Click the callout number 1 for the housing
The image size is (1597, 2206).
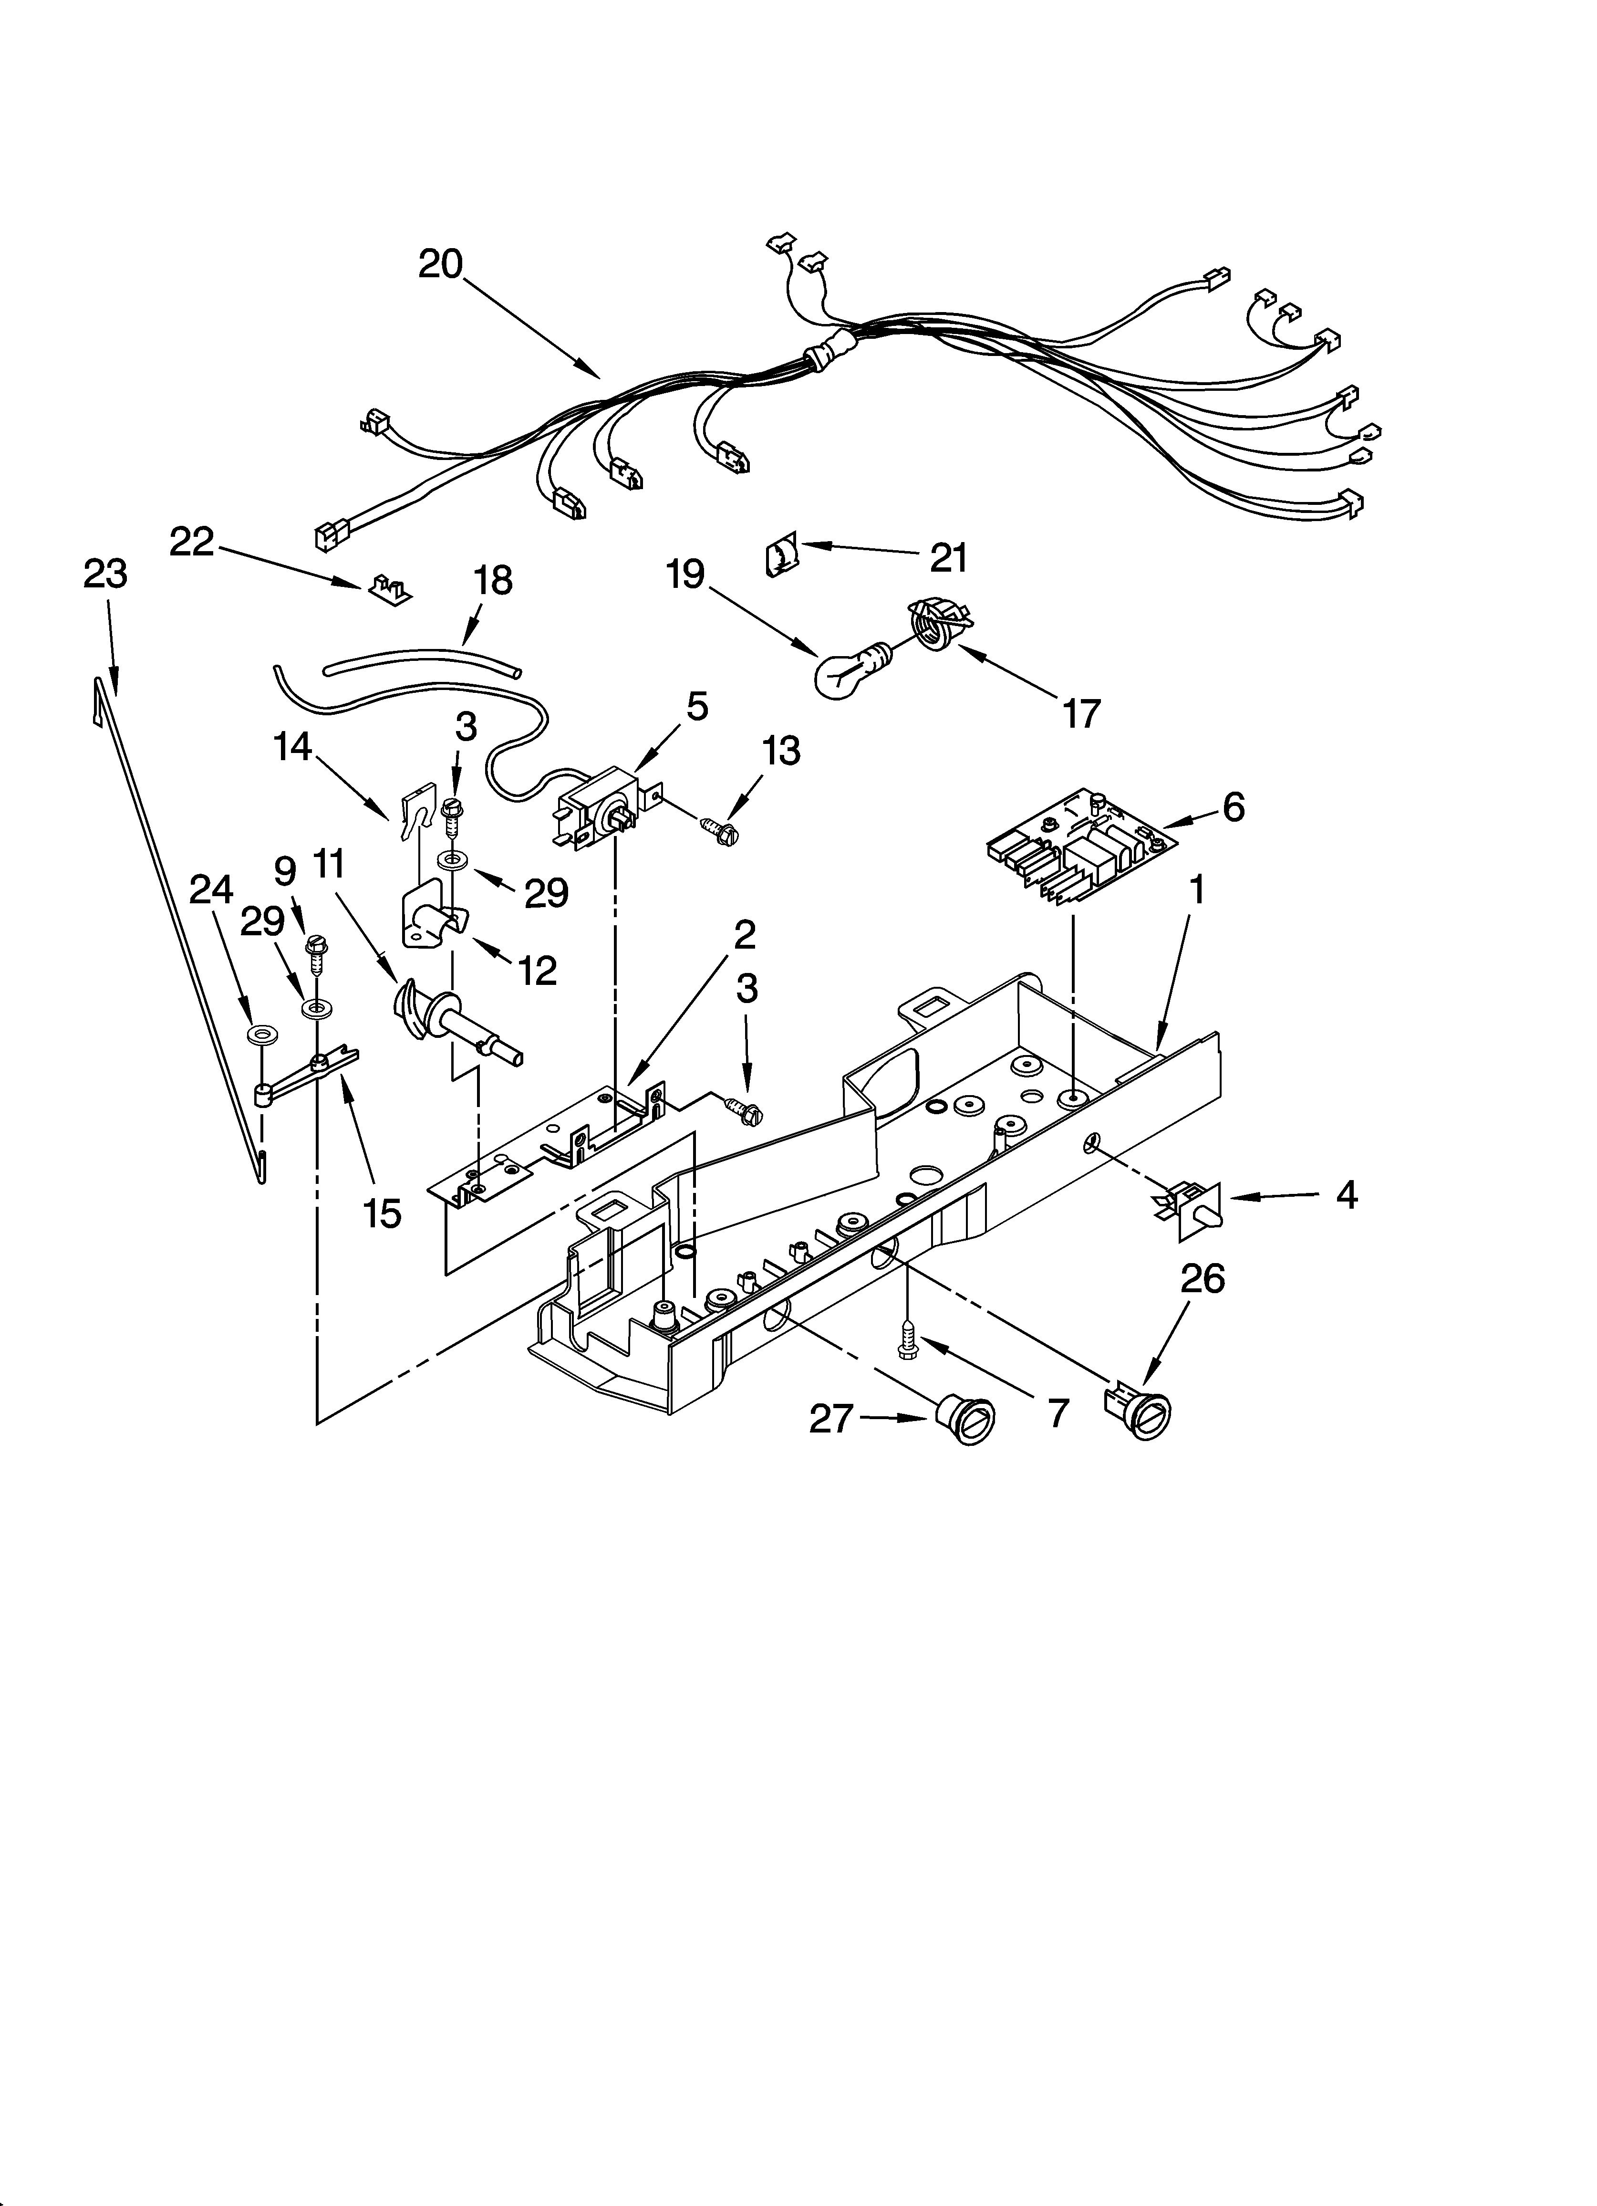click(x=1197, y=888)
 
